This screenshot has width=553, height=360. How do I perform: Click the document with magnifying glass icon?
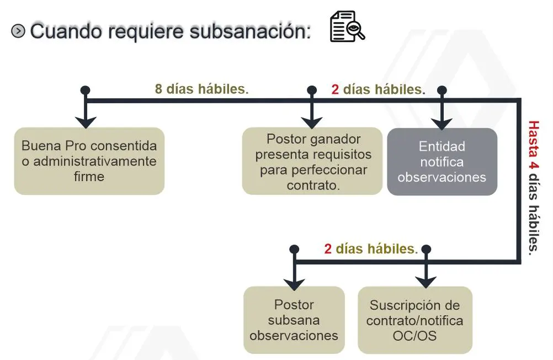click(347, 27)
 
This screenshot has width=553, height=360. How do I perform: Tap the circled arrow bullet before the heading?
click(18, 31)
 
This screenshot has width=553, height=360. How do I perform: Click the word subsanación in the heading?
click(250, 31)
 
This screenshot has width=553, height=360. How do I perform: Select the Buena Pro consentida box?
click(89, 161)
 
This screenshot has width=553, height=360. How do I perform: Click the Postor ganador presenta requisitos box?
click(312, 161)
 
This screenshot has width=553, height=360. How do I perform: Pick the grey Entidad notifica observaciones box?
click(442, 162)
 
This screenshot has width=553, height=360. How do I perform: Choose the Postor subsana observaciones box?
click(294, 320)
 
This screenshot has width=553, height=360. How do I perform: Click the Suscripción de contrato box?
click(415, 320)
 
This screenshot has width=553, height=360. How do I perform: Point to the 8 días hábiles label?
click(202, 89)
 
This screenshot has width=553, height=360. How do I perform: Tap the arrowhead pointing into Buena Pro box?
click(86, 122)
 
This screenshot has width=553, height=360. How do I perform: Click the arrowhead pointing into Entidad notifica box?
click(442, 124)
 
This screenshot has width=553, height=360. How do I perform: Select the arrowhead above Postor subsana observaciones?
click(294, 284)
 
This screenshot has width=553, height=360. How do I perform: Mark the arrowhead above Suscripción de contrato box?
click(426, 282)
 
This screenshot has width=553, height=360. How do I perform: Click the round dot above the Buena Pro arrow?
click(86, 90)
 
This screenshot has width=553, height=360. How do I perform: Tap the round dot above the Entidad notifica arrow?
click(442, 91)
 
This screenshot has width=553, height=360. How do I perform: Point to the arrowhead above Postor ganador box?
click(311, 123)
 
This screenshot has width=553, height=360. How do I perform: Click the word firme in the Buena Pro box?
click(89, 176)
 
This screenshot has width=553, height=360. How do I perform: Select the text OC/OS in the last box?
click(415, 336)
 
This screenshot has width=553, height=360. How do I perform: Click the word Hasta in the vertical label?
click(534, 139)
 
